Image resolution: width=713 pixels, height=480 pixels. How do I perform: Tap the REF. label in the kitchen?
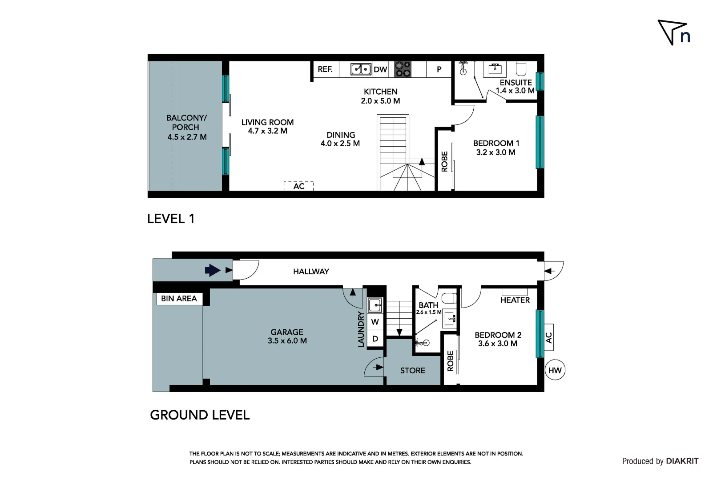[x=325, y=69]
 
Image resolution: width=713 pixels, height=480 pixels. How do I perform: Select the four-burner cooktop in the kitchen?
[x=403, y=69]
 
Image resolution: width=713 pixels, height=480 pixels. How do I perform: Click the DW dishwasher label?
[x=380, y=69]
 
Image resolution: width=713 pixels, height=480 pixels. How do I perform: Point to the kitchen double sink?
[x=361, y=69]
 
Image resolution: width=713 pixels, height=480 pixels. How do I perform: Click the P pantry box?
[x=439, y=69]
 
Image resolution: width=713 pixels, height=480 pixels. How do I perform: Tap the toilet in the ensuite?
[x=521, y=68]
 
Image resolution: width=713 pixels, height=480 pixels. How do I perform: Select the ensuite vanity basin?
[x=495, y=69]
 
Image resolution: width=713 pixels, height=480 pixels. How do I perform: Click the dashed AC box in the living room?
[x=298, y=186]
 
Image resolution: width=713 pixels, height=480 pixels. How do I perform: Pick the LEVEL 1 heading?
[x=171, y=219]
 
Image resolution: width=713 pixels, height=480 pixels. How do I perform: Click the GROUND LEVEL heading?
[x=200, y=415]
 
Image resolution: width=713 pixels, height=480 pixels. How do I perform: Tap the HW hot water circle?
[x=555, y=370]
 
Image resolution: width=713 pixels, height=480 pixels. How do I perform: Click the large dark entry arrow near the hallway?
[x=213, y=270]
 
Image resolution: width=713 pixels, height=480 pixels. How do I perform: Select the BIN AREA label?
[x=179, y=298]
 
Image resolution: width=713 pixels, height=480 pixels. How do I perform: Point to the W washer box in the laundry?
[x=375, y=322]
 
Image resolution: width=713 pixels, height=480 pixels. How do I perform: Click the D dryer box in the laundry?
[x=375, y=339]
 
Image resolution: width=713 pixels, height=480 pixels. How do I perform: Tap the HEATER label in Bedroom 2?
[x=515, y=300]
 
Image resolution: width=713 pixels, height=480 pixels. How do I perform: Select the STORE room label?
[x=412, y=370]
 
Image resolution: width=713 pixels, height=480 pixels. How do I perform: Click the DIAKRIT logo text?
[x=682, y=461]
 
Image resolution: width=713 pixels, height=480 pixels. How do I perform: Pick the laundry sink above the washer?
[x=375, y=305]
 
